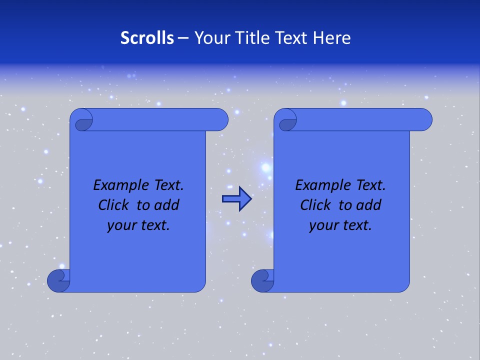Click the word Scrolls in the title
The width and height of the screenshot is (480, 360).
click(147, 38)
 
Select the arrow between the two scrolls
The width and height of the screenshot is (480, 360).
click(236, 198)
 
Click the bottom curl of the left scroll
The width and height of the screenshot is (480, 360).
click(58, 281)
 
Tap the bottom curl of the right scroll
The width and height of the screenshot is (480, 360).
click(262, 281)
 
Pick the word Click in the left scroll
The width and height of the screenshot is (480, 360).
click(113, 205)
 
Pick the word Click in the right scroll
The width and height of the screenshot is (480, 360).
click(315, 205)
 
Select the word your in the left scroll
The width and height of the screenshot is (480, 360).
click(120, 225)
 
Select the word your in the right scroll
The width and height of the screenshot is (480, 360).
click(322, 225)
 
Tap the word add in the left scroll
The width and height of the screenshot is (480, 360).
click(166, 205)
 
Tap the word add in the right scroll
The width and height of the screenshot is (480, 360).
click(368, 205)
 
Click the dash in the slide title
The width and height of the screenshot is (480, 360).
click(183, 38)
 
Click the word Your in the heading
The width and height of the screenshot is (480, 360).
click(209, 38)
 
